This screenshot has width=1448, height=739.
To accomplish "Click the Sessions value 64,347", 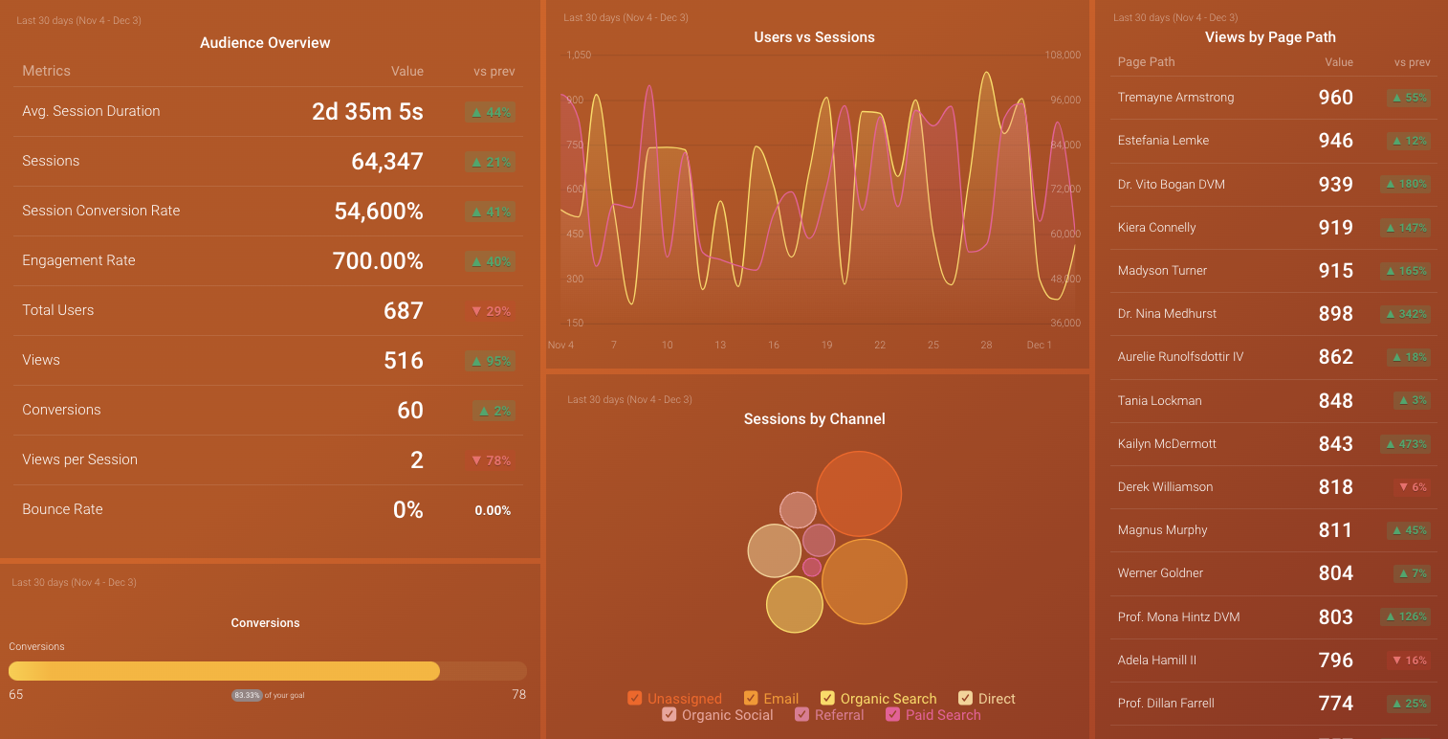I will click(386, 162).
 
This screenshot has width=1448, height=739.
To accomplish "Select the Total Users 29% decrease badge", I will click(491, 311).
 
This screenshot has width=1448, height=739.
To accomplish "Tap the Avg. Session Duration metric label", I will click(91, 111).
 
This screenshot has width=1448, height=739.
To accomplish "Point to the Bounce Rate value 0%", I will click(407, 510).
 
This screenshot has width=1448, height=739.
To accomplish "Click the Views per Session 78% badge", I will click(491, 460).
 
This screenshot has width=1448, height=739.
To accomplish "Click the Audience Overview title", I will click(265, 43).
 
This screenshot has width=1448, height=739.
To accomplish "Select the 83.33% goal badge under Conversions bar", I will click(247, 695).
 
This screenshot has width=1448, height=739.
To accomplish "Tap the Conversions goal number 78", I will click(518, 695).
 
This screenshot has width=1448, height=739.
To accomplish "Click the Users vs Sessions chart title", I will click(814, 37).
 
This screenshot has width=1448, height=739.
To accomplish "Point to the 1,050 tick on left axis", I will click(579, 56).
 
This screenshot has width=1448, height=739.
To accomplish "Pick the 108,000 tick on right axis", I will click(1063, 56).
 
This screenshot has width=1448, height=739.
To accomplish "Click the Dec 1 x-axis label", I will click(1039, 345).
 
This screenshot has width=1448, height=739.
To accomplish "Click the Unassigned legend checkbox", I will click(635, 699).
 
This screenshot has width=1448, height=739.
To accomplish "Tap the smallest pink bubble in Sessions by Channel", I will click(812, 567).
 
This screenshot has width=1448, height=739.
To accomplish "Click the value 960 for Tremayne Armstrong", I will click(1335, 98).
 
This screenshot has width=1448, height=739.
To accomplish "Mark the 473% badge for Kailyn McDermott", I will click(1406, 444).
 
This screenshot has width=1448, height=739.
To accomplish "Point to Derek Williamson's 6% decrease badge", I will click(1412, 487).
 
